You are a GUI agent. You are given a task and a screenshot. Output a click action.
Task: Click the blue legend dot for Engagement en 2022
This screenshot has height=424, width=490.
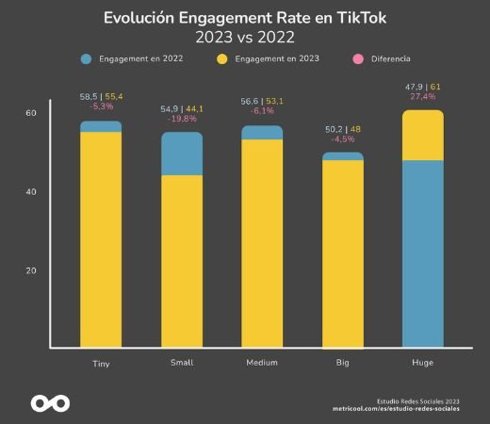click(87, 58)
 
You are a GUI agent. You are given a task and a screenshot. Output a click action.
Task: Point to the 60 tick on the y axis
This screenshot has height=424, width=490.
click(30, 113)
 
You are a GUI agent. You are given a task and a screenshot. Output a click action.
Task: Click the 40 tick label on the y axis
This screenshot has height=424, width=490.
click(30, 192)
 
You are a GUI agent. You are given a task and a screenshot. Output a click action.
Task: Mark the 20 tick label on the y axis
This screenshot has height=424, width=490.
click(30, 270)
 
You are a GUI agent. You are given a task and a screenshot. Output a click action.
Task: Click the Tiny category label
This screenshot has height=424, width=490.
click(101, 363)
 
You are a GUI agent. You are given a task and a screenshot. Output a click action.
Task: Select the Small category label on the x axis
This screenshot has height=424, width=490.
click(182, 363)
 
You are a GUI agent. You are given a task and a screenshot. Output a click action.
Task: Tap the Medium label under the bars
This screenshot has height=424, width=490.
click(261, 363)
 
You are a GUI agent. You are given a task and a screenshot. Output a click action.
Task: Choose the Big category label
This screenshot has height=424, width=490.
click(343, 363)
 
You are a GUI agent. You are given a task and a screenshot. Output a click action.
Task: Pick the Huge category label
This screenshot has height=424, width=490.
click(423, 363)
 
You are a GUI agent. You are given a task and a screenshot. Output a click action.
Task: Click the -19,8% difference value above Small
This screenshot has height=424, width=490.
click(182, 120)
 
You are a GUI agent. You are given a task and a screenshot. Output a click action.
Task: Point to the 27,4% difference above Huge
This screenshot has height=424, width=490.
click(423, 98)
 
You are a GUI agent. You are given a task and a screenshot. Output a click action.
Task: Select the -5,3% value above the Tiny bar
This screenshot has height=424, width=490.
click(101, 106)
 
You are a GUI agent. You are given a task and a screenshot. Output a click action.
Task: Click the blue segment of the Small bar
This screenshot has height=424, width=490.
click(182, 155)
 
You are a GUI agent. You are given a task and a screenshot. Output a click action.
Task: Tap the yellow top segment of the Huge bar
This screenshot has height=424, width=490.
click(423, 136)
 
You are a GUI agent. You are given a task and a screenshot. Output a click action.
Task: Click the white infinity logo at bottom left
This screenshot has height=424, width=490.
click(50, 402)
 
